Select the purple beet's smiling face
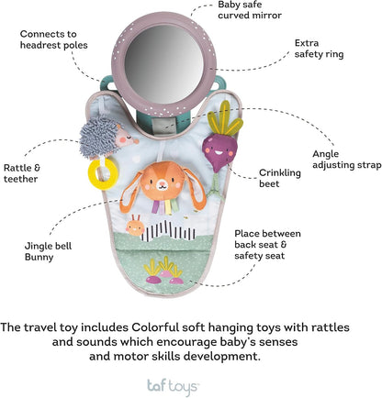(x=217, y=150)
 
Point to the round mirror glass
(x=164, y=64)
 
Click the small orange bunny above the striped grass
(x=135, y=227)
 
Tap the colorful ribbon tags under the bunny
(x=165, y=206)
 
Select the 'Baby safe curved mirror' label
(x=250, y=10)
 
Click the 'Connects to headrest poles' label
(x=53, y=39)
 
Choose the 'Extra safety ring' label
(x=319, y=49)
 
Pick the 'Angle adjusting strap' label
(x=347, y=160)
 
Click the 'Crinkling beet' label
(x=280, y=178)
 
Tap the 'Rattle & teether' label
(x=22, y=173)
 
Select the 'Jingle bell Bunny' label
(x=48, y=251)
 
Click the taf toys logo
(x=174, y=387)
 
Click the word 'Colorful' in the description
(x=155, y=327)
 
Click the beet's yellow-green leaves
(x=225, y=120)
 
